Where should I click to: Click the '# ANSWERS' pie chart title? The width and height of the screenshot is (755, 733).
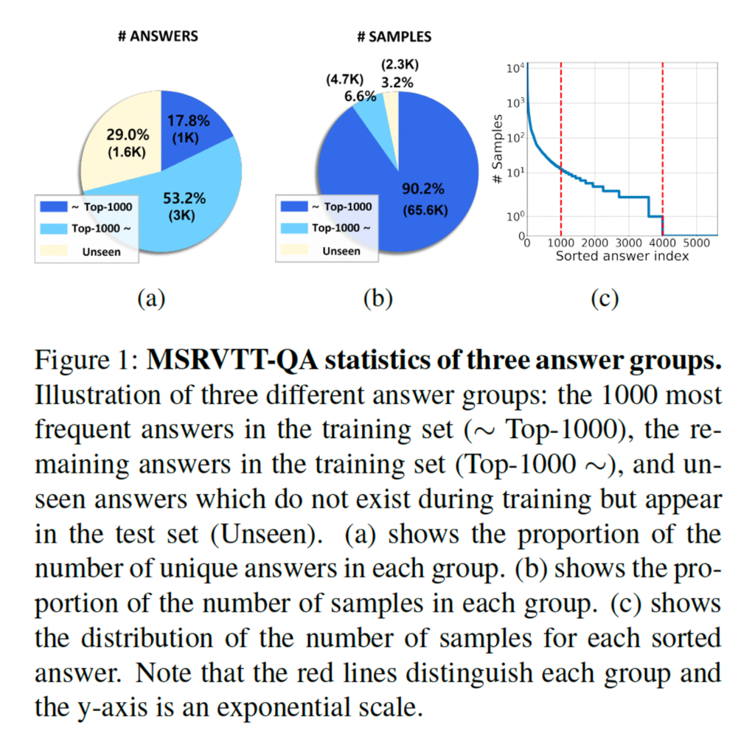point(158,36)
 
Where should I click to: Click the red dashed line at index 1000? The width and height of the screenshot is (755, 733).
point(561,147)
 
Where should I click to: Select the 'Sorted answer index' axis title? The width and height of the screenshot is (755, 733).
point(622,257)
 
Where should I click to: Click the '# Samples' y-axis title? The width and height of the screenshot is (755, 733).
point(498,148)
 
